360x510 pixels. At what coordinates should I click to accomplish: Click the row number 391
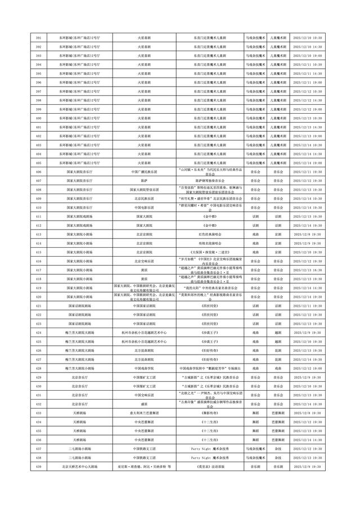tap(38, 38)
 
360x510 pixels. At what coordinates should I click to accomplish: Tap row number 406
tap(38, 172)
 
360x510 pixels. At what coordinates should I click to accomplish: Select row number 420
tap(38, 296)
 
